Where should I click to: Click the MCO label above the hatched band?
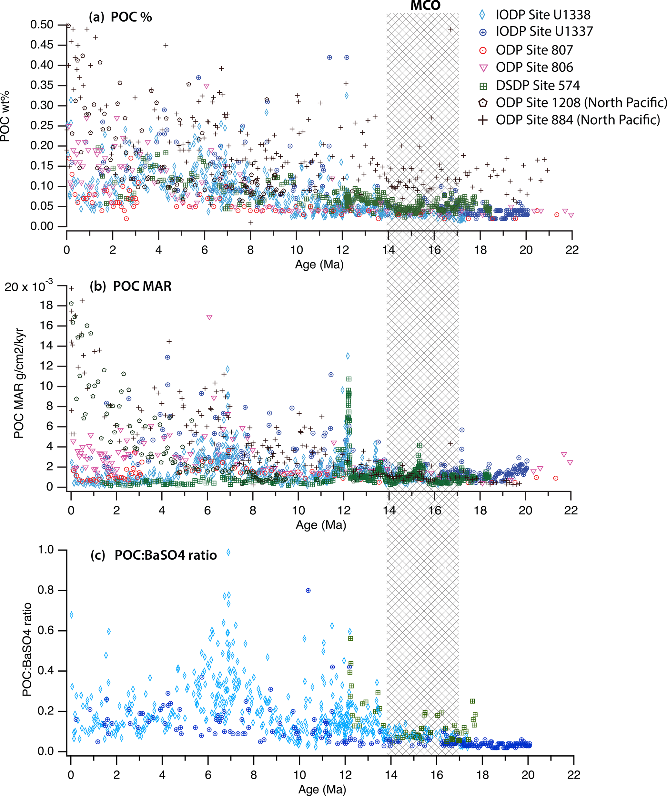coord(425,6)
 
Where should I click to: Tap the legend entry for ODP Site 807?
coord(534,50)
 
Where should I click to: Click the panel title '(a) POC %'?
coord(120,17)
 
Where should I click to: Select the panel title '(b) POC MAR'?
coord(131,286)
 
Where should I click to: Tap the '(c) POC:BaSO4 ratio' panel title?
coord(153,555)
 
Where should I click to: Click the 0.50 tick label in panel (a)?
coord(42,25)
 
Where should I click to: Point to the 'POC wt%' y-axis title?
coord(5,116)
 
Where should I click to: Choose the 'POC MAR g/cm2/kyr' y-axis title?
coord(19,383)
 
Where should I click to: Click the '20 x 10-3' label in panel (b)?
coord(28,286)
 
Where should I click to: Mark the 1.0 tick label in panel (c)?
coord(46,550)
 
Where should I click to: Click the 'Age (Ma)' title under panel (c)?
coord(322,790)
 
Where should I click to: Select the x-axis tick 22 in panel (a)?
coord(572,250)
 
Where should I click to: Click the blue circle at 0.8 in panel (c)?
coord(308,591)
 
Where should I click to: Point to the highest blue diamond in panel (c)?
coord(228,552)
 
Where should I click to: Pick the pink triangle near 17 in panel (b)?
coord(209,317)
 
